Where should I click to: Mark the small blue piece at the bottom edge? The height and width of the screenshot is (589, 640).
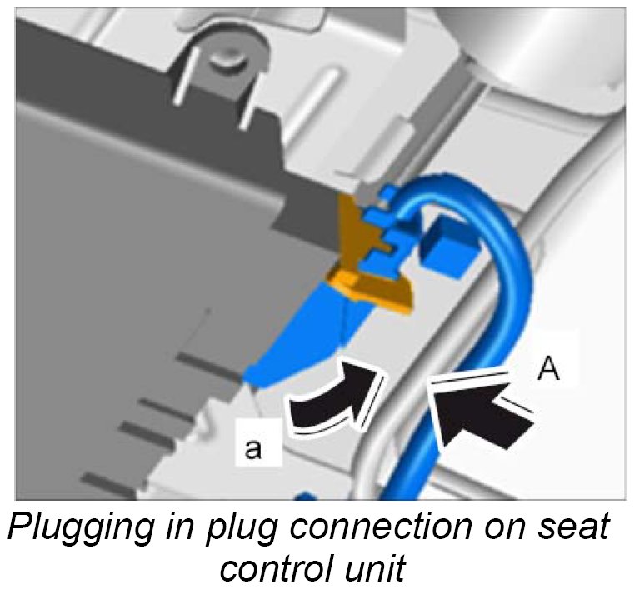[x=305, y=497]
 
